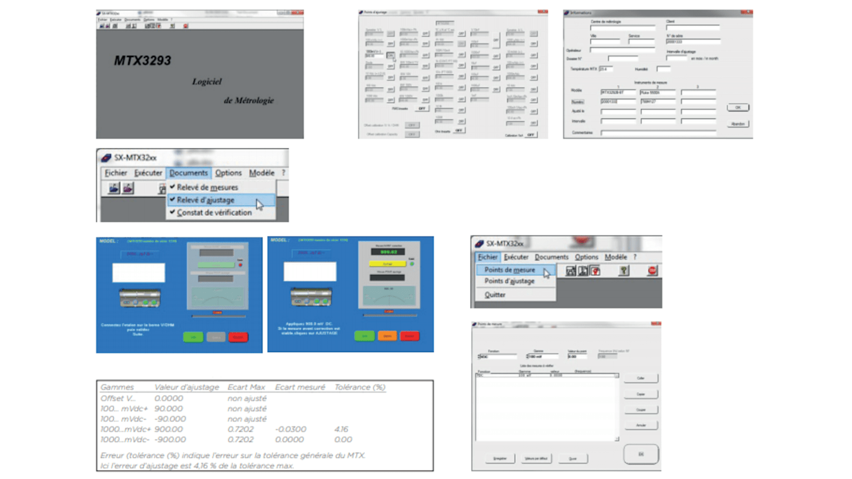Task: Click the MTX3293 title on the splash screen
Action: [143, 61]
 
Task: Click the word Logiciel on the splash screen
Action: [207, 82]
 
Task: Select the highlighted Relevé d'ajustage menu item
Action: [206, 200]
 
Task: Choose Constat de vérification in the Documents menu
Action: [214, 212]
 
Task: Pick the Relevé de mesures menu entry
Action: [207, 187]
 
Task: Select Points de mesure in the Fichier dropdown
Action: [510, 270]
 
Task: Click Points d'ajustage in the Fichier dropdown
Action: [509, 281]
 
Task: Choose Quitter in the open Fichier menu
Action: [495, 295]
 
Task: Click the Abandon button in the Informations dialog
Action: [737, 124]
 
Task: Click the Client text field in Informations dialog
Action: [692, 28]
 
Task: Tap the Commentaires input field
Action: [658, 133]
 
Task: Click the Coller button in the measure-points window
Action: [641, 378]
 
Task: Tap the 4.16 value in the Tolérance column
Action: [341, 429]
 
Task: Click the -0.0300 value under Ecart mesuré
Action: [291, 429]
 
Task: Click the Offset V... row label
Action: [118, 398]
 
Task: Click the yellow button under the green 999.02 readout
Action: [387, 264]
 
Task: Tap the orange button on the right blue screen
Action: [387, 336]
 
